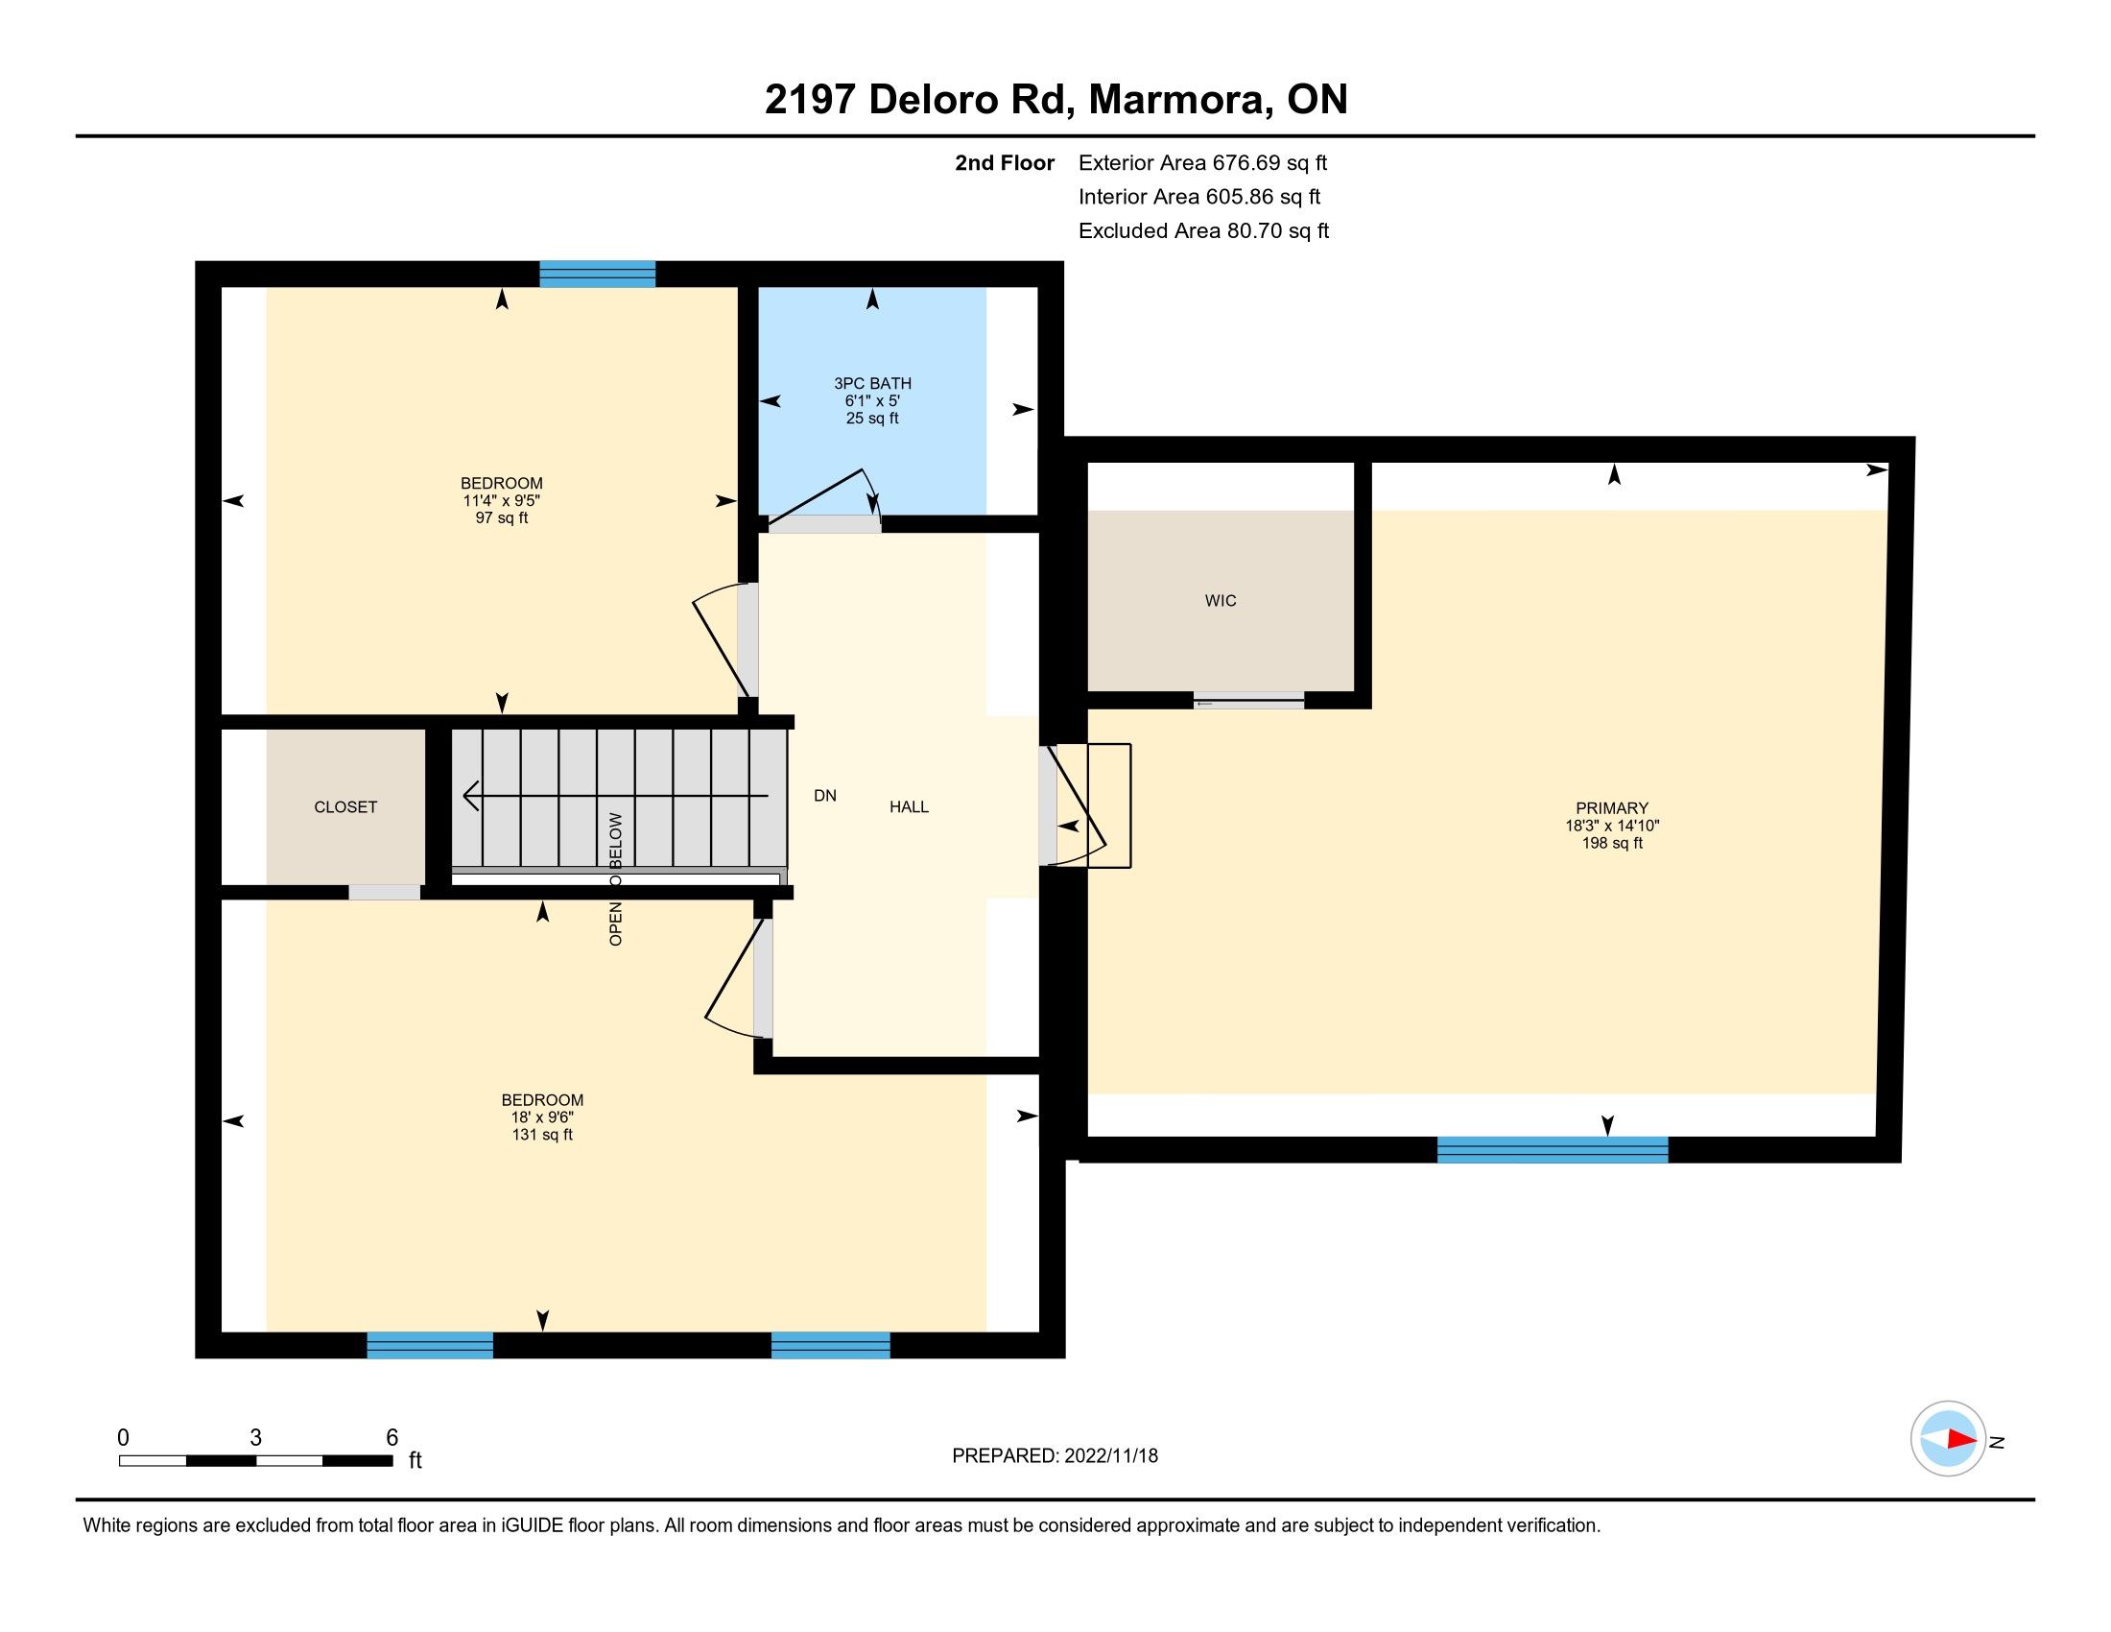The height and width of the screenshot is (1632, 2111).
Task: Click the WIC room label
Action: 1220,600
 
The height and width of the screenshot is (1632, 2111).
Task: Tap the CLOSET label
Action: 345,807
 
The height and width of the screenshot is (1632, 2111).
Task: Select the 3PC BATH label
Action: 873,384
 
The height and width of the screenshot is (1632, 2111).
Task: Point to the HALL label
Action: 909,806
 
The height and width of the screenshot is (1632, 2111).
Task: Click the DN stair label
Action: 824,796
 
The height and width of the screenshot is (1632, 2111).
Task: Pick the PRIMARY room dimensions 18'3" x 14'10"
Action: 1612,826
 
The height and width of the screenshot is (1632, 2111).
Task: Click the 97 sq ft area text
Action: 502,518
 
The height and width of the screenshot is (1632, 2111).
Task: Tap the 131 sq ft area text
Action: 542,1135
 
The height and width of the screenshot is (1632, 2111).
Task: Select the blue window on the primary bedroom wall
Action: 1553,1149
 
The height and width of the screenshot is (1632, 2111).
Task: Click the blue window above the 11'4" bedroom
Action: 598,275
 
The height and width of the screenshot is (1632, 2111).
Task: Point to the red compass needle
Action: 1961,1439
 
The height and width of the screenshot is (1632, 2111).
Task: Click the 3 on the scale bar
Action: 255,1438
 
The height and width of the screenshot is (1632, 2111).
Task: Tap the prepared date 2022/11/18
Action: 1110,1456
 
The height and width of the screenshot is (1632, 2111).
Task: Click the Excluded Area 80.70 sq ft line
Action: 1203,231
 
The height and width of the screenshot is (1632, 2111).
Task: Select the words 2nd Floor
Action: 1005,163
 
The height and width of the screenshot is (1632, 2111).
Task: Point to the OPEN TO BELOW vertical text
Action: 616,878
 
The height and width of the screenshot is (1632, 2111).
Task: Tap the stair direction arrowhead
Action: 472,796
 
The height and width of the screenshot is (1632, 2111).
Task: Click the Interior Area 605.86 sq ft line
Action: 1199,197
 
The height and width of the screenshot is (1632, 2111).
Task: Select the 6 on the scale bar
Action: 391,1438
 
